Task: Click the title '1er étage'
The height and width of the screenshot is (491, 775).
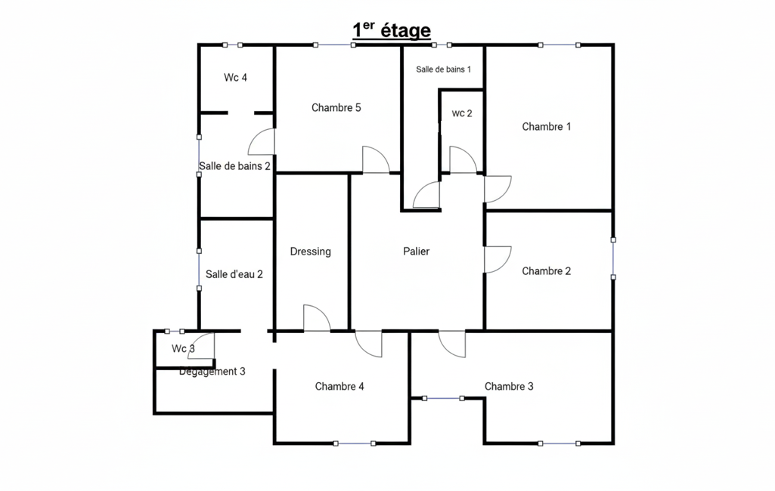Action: coord(392,30)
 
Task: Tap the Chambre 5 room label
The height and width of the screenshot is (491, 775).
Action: coord(336,108)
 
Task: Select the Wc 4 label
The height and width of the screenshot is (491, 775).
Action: coord(235,78)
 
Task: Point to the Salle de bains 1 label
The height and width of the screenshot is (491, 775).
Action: coord(443,69)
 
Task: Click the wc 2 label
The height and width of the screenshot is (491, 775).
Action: coord(462,113)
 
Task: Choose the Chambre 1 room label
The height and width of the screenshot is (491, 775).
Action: coord(546,127)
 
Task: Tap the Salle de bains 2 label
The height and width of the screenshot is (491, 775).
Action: coord(235,166)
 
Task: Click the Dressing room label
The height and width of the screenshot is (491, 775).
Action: coord(311,252)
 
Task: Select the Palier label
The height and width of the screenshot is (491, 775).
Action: coord(416,252)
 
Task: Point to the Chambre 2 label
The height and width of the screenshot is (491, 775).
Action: coord(546,271)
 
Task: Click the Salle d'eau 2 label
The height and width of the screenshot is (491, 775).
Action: coord(234,274)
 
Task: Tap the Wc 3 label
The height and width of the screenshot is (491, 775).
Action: coord(183,349)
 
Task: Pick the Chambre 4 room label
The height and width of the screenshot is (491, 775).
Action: coord(339,387)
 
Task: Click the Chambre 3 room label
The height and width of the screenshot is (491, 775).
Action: coord(509,387)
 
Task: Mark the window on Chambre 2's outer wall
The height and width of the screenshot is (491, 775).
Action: coord(613,259)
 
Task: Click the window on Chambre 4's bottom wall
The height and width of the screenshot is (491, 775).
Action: coord(355,443)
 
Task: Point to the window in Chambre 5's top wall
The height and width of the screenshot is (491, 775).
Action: coord(334,45)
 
